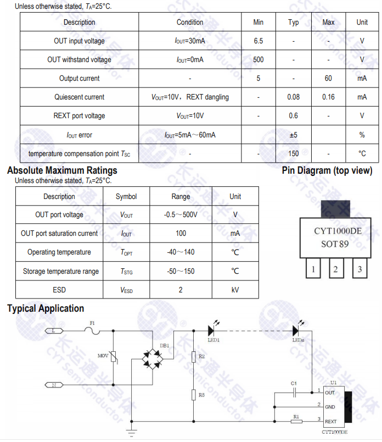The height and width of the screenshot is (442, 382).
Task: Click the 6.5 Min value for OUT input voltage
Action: click(259, 41)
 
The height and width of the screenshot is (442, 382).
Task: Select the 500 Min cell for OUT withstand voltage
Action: click(259, 60)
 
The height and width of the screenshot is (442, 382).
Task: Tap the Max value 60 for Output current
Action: click(328, 79)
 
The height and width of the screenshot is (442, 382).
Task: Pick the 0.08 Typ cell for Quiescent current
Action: click(294, 97)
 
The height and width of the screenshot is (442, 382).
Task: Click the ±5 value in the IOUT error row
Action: click(294, 135)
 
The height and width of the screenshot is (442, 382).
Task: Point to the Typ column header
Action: click(294, 23)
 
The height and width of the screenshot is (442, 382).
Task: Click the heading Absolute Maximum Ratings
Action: click(62, 170)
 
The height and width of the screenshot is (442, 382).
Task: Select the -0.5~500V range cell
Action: click(181, 215)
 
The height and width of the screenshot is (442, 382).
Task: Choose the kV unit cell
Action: click(235, 290)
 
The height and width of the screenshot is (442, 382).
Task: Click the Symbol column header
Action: click(126, 196)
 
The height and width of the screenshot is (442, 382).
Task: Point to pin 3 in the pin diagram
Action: click(359, 269)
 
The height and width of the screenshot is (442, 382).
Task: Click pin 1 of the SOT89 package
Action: click(313, 269)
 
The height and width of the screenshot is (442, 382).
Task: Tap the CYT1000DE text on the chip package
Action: click(338, 231)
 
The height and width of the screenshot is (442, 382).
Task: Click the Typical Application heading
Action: click(46, 308)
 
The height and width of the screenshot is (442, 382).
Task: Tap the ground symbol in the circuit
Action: click(131, 430)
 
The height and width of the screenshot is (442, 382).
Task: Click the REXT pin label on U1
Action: click(330, 422)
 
